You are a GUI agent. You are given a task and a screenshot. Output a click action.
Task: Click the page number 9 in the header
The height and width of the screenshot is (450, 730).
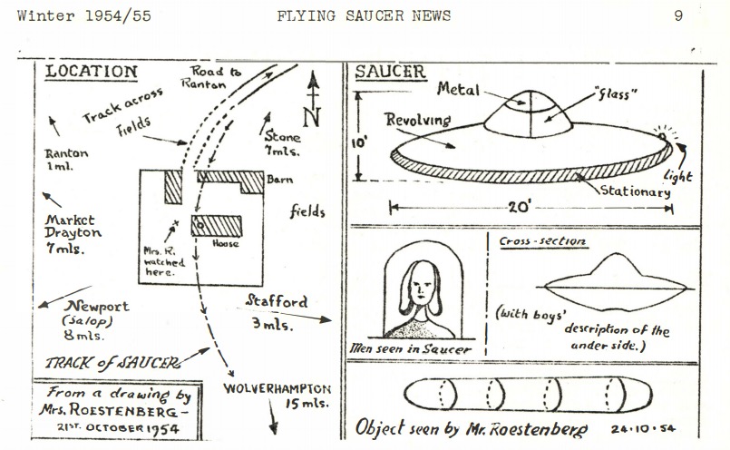tap(677, 15)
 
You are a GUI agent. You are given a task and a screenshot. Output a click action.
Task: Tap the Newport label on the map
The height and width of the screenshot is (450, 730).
tap(97, 307)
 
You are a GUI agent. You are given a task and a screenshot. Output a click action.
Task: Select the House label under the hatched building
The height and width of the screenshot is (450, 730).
tap(226, 243)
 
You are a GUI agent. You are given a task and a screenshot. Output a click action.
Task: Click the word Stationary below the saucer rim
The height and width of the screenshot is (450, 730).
tap(634, 192)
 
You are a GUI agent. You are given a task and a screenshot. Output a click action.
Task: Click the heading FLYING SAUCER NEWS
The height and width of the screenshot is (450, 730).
tap(364, 15)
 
